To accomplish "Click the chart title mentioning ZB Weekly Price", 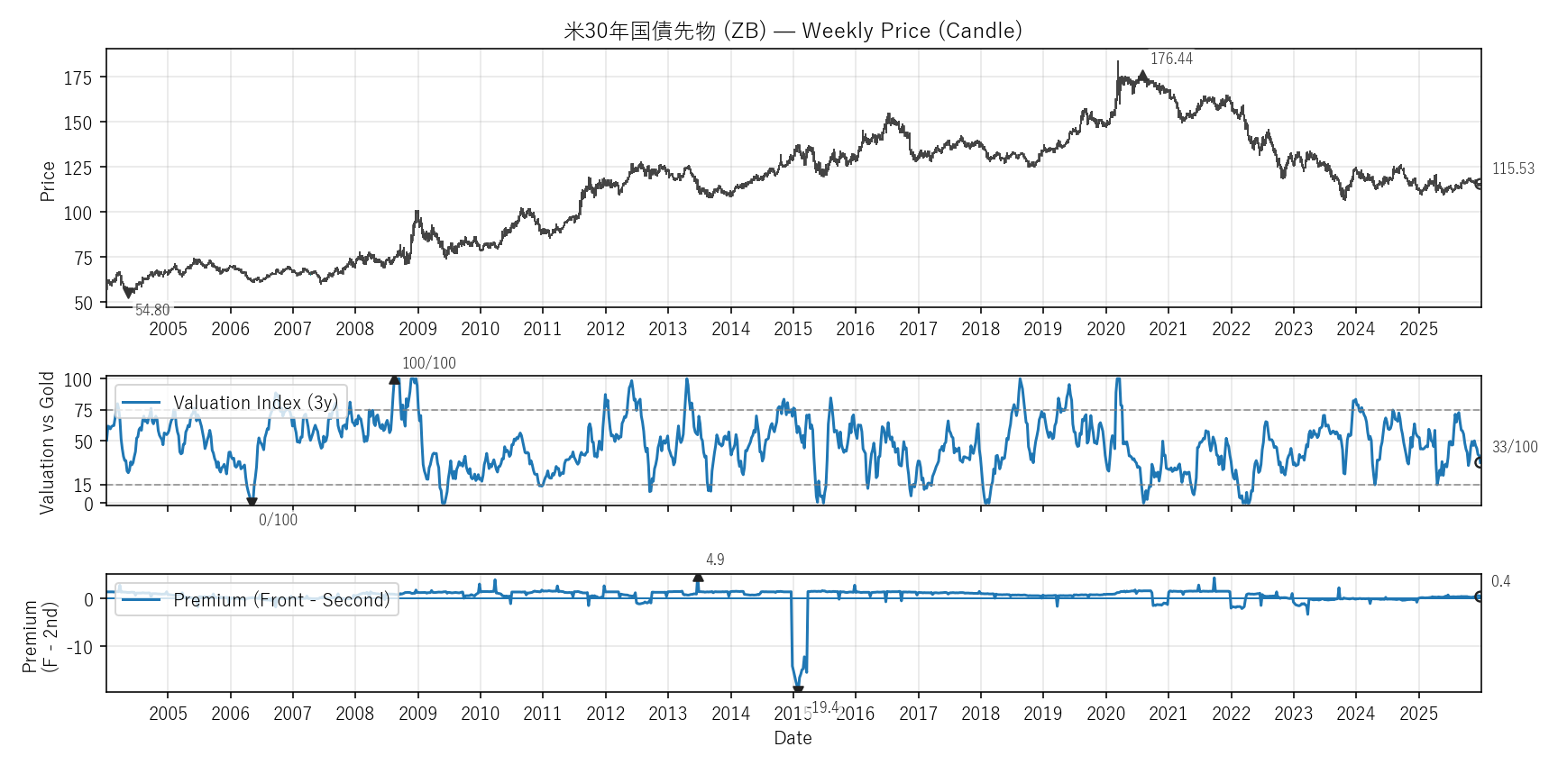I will coord(793,31).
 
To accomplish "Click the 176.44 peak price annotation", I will coord(1171,59).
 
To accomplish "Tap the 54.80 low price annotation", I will coord(152,310).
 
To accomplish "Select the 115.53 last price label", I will coord(1513,168).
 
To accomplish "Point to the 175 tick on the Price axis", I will coord(78,77).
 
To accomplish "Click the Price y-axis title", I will coord(48,180).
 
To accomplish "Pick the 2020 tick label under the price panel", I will coord(1105,329).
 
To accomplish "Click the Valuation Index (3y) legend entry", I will coord(255,403).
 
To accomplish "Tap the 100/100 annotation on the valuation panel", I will coord(429,363).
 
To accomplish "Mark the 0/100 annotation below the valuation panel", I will coord(278,520).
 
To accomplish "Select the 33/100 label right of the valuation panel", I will coord(1515,447).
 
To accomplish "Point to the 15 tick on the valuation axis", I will coord(83,486).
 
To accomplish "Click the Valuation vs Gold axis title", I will coord(47,442).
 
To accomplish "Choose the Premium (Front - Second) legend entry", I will coord(281,600).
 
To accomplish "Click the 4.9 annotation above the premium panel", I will coord(715,560).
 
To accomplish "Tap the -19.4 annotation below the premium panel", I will coord(821,707).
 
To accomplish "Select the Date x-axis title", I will coord(793,738).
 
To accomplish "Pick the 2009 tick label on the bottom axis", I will coord(417,714).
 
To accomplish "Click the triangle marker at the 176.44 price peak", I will coord(1142,76).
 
